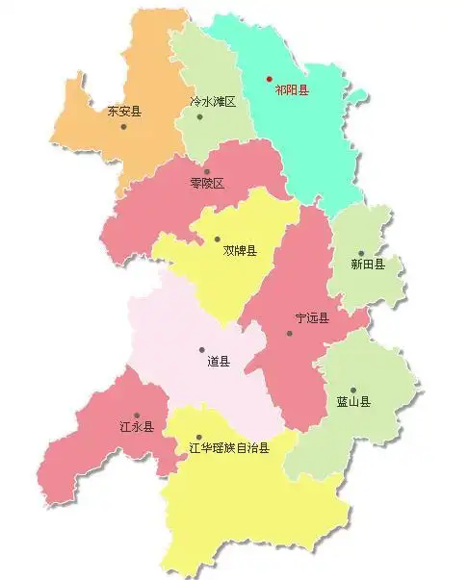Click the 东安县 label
click(x=123, y=111)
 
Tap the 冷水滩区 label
click(x=212, y=101)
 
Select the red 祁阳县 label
click(x=292, y=89)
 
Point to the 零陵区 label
click(x=206, y=183)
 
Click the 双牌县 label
click(x=240, y=251)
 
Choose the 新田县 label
click(x=367, y=265)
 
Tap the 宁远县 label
click(x=312, y=318)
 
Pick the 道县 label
click(x=219, y=363)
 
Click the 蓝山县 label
click(x=352, y=402)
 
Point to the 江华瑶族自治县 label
click(x=229, y=446)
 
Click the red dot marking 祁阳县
click(x=270, y=79)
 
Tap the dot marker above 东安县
click(x=123, y=127)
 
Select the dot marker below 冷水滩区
click(x=200, y=117)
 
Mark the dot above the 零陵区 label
click(x=206, y=172)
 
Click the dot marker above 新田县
click(x=361, y=254)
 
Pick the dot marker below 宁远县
click(x=289, y=334)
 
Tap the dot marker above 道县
click(x=201, y=350)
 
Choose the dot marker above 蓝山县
click(x=352, y=391)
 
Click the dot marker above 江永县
click(x=136, y=416)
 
